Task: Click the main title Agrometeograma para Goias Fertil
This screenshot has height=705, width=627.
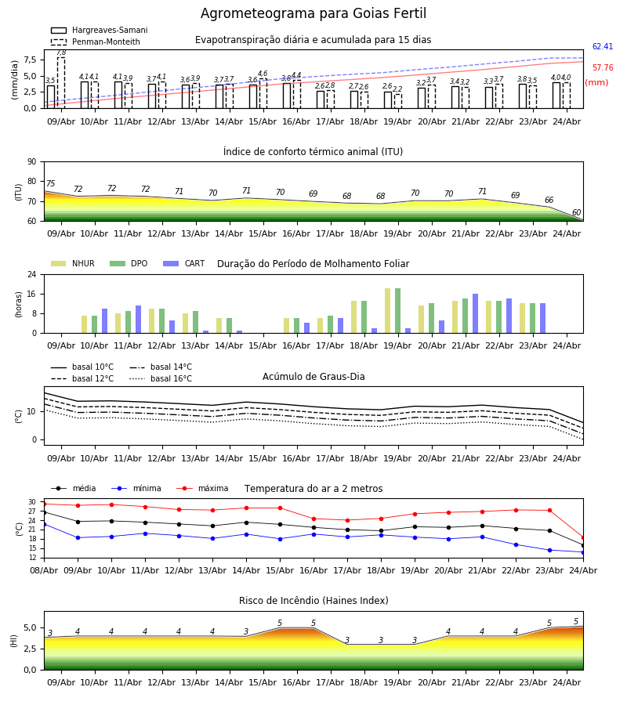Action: click(x=313, y=13)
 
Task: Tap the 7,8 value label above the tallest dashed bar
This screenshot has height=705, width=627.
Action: click(x=61, y=52)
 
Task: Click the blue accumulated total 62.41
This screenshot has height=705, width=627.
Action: click(x=603, y=46)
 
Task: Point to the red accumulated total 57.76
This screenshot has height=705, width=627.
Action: click(x=603, y=67)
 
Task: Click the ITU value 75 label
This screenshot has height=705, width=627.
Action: click(x=50, y=183)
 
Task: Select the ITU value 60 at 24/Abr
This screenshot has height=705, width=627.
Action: click(x=576, y=212)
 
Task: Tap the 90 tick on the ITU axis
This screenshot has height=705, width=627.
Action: click(x=32, y=162)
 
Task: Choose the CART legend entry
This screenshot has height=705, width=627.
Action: click(x=184, y=263)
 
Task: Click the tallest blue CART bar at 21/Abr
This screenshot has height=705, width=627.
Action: click(x=476, y=313)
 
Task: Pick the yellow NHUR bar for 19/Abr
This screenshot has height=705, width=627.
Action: click(x=388, y=311)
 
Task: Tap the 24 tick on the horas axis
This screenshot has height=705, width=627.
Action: click(x=32, y=274)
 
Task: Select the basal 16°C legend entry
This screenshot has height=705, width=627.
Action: click(x=161, y=378)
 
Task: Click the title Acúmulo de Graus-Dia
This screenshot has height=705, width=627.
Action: click(x=313, y=376)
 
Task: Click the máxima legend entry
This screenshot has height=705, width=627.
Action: click(x=202, y=488)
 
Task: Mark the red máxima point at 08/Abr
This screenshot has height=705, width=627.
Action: click(x=44, y=504)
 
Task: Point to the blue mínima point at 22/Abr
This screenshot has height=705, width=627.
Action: click(x=516, y=544)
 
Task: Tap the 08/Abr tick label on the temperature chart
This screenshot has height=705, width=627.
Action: click(x=44, y=570)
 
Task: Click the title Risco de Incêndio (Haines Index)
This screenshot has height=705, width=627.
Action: click(x=313, y=600)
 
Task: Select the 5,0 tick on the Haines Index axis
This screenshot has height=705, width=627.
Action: click(x=31, y=627)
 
